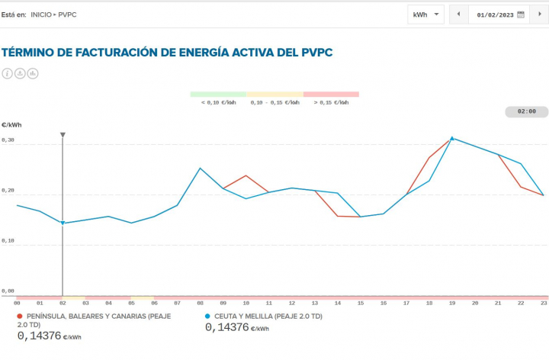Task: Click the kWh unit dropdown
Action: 425,14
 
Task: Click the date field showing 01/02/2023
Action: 494,14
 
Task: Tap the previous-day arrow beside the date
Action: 458,14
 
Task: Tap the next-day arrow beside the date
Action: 538,14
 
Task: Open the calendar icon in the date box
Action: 521,14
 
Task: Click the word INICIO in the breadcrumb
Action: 42,14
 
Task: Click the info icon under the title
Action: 8,73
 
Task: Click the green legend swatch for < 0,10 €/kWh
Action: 218,95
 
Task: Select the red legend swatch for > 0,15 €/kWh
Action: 331,95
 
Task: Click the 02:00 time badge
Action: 526,111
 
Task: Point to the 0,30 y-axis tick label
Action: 8,141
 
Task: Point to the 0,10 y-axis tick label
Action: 8,241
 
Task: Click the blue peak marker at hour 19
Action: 452,138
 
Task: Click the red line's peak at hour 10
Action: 246,175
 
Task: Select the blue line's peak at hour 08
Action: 200,168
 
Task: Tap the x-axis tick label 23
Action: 543,304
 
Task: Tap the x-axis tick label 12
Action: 291,304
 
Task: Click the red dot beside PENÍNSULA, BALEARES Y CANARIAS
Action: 20,315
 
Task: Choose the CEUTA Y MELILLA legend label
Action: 268,315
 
